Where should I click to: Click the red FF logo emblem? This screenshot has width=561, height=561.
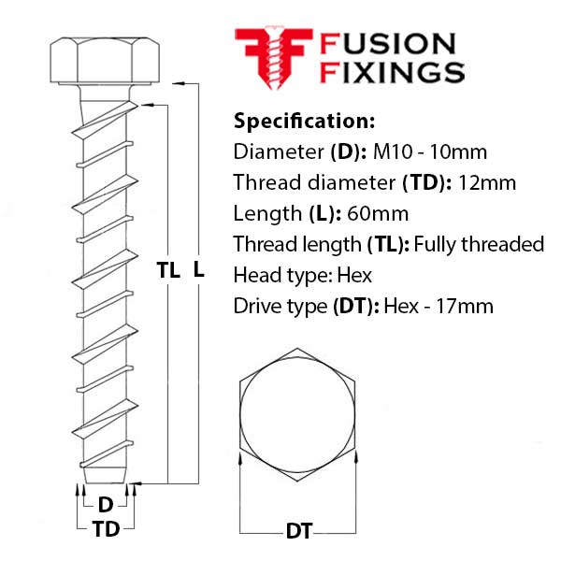pyautogui.click(x=274, y=58)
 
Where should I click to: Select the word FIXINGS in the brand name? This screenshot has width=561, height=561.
pyautogui.click(x=392, y=73)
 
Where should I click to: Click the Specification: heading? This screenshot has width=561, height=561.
pyautogui.click(x=304, y=121)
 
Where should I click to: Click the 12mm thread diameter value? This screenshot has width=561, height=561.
pyautogui.click(x=487, y=183)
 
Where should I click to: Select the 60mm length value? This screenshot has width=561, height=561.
pyautogui.click(x=378, y=214)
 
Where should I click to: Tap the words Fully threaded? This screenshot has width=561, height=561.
pyautogui.click(x=479, y=245)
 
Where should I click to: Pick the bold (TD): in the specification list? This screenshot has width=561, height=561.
pyautogui.click(x=427, y=183)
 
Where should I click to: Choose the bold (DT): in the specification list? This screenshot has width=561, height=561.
pyautogui.click(x=356, y=307)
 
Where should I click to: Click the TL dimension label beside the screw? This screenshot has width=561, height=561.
pyautogui.click(x=167, y=270)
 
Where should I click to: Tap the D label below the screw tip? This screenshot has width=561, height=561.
pyautogui.click(x=105, y=505)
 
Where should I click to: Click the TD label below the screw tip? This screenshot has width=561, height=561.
pyautogui.click(x=106, y=529)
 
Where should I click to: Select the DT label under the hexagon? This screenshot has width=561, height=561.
pyautogui.click(x=299, y=531)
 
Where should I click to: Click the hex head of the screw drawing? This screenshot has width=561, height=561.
pyautogui.click(x=105, y=61)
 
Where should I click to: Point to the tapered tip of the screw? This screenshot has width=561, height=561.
pyautogui.click(x=105, y=475)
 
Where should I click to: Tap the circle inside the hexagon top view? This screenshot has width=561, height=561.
pyautogui.click(x=297, y=414)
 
